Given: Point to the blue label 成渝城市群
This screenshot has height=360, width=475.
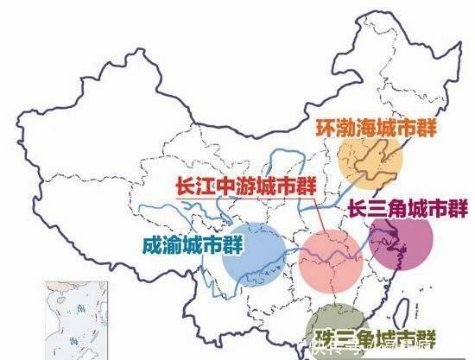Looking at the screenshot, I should (179, 244).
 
